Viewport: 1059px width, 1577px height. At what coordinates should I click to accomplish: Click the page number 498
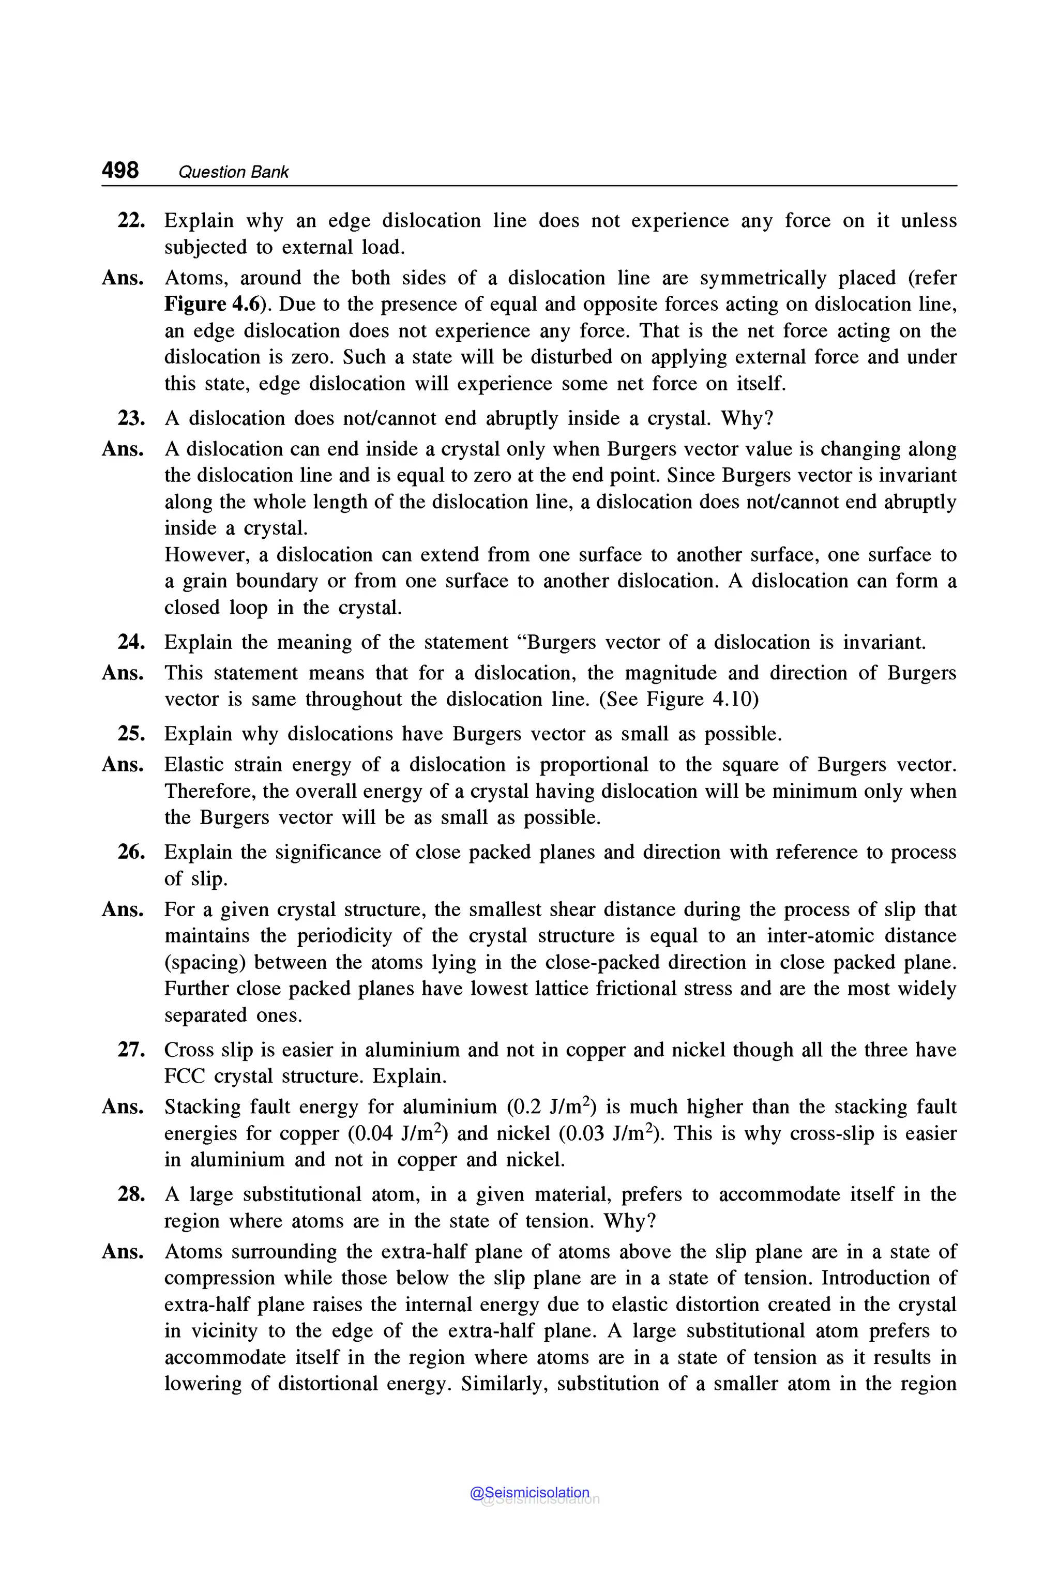point(120,170)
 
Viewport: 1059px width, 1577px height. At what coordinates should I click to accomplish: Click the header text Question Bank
point(233,172)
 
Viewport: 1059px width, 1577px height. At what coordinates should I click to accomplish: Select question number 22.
point(131,221)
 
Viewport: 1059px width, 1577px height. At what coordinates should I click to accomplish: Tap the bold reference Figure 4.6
point(211,304)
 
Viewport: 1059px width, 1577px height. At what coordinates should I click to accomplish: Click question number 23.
point(131,419)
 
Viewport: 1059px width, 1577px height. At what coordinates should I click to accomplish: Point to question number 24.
point(131,642)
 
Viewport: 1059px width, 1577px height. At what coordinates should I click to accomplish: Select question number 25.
point(131,734)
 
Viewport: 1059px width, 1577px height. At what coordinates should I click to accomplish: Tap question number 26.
point(131,852)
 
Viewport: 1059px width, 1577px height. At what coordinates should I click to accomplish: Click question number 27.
point(131,1050)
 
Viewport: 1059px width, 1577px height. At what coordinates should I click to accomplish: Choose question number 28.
point(131,1195)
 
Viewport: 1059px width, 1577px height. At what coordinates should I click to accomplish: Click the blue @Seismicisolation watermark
point(529,1493)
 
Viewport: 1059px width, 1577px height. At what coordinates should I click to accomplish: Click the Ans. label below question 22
point(122,278)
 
